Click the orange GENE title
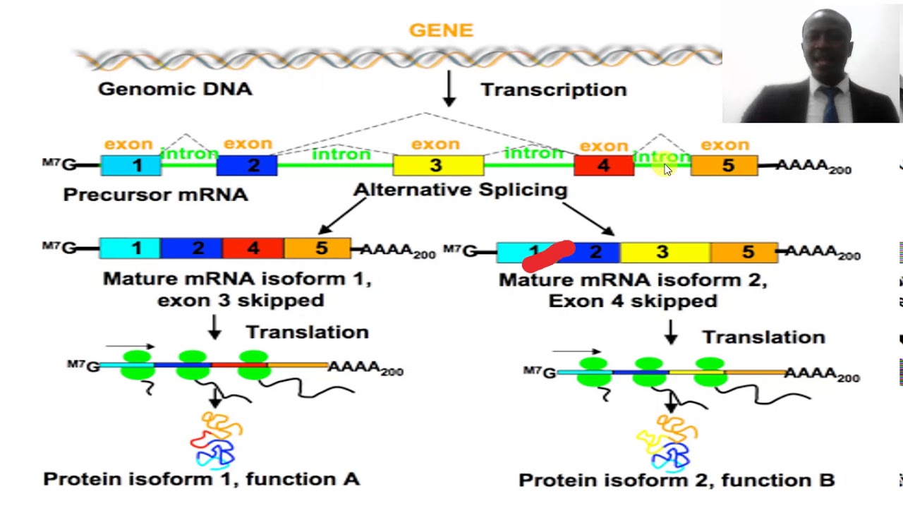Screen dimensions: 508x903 point(441,30)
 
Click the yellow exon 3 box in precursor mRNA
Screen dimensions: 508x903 point(437,166)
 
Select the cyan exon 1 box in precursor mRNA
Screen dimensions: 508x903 point(131,166)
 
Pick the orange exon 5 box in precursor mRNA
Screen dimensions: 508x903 point(724,166)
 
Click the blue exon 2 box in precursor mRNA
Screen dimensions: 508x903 point(247,166)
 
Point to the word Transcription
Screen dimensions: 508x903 point(554,90)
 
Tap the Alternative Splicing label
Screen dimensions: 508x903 point(460,190)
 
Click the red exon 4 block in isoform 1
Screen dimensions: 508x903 point(253,248)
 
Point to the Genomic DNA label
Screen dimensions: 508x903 point(175,89)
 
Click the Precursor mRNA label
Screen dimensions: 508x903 point(155,195)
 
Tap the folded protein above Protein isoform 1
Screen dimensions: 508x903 point(216,441)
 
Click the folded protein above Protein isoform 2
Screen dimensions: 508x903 point(667,442)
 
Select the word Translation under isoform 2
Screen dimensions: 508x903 point(763,337)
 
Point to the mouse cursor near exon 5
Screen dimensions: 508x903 point(667,169)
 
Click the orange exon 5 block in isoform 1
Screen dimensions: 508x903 point(317,248)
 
